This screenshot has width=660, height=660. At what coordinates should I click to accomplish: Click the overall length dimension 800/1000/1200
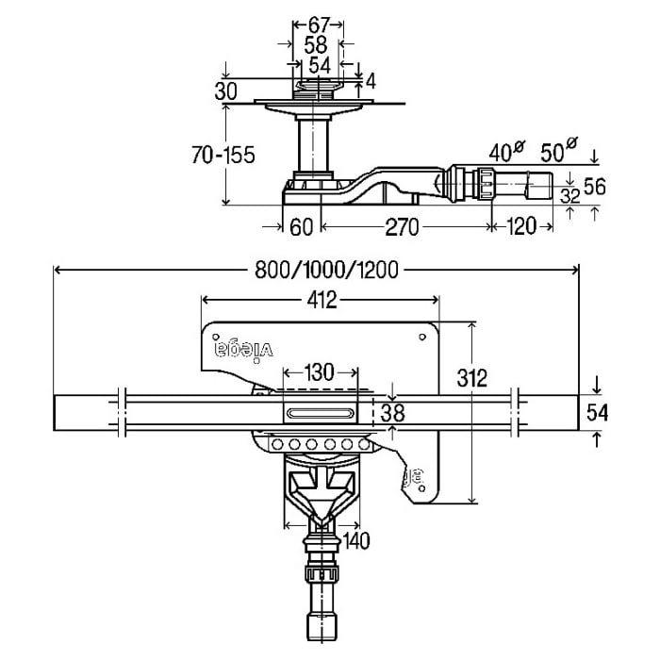click(327, 270)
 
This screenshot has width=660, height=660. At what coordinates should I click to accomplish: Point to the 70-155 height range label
click(223, 156)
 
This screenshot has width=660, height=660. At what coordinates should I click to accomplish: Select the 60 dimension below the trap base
click(302, 226)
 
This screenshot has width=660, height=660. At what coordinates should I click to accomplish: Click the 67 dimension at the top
click(317, 25)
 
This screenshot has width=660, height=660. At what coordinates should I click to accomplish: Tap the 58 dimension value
click(317, 45)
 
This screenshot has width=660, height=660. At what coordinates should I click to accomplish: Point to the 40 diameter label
click(505, 152)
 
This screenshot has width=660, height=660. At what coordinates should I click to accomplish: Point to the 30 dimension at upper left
click(225, 91)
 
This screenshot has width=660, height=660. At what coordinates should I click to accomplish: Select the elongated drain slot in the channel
click(321, 412)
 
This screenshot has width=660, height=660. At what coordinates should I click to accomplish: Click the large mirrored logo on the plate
click(242, 348)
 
